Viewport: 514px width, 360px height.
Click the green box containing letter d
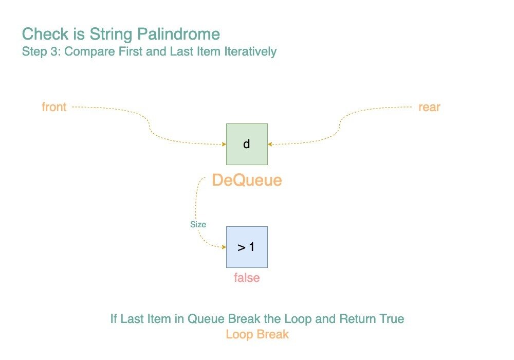click(247, 145)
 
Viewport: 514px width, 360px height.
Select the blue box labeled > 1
click(247, 247)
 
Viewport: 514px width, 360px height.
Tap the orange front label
click(54, 107)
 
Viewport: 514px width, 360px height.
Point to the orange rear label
click(429, 107)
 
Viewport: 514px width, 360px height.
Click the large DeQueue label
click(247, 180)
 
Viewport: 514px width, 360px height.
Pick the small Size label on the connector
click(198, 224)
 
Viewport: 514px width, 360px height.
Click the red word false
click(247, 278)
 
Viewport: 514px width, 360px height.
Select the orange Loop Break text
click(258, 334)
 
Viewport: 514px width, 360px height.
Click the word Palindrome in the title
click(178, 34)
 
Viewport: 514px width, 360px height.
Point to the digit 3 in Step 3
click(54, 51)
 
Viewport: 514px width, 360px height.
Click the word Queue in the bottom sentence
click(206, 319)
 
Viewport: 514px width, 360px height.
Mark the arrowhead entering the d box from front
click(224, 145)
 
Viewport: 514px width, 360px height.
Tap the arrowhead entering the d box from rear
click(270, 145)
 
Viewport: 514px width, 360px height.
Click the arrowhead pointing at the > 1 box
click(224, 247)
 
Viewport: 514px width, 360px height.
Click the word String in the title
click(111, 34)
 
